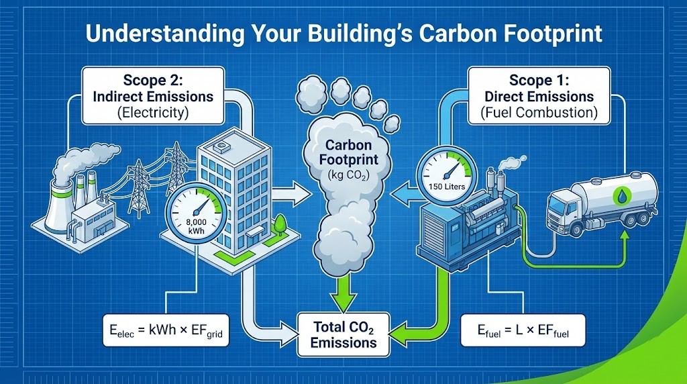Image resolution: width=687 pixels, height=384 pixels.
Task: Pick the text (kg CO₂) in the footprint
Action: [x=344, y=176]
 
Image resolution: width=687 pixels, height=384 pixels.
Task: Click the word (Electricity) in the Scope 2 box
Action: [x=153, y=112]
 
